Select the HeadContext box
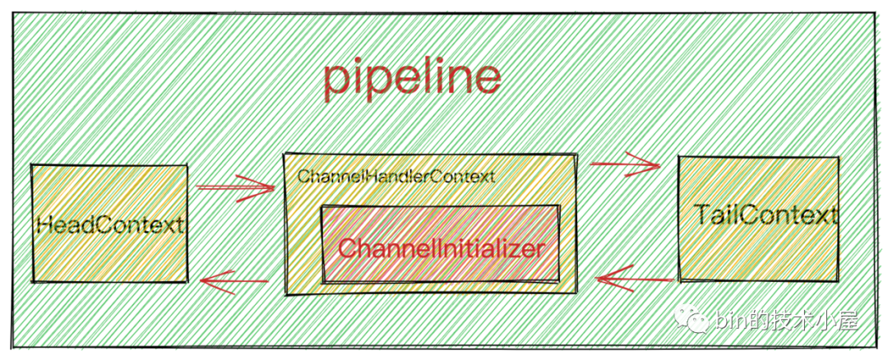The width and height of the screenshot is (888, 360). click(109, 223)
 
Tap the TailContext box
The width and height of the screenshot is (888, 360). click(758, 217)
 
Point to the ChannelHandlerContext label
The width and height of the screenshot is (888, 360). click(395, 176)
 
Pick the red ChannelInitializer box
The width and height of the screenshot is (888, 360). click(441, 246)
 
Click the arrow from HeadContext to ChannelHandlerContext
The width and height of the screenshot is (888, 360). click(235, 188)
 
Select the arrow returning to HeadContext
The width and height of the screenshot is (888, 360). click(234, 284)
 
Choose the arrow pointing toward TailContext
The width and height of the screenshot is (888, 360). click(625, 164)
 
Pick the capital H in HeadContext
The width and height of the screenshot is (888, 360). click(44, 224)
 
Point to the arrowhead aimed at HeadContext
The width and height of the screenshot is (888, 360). click(206, 284)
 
